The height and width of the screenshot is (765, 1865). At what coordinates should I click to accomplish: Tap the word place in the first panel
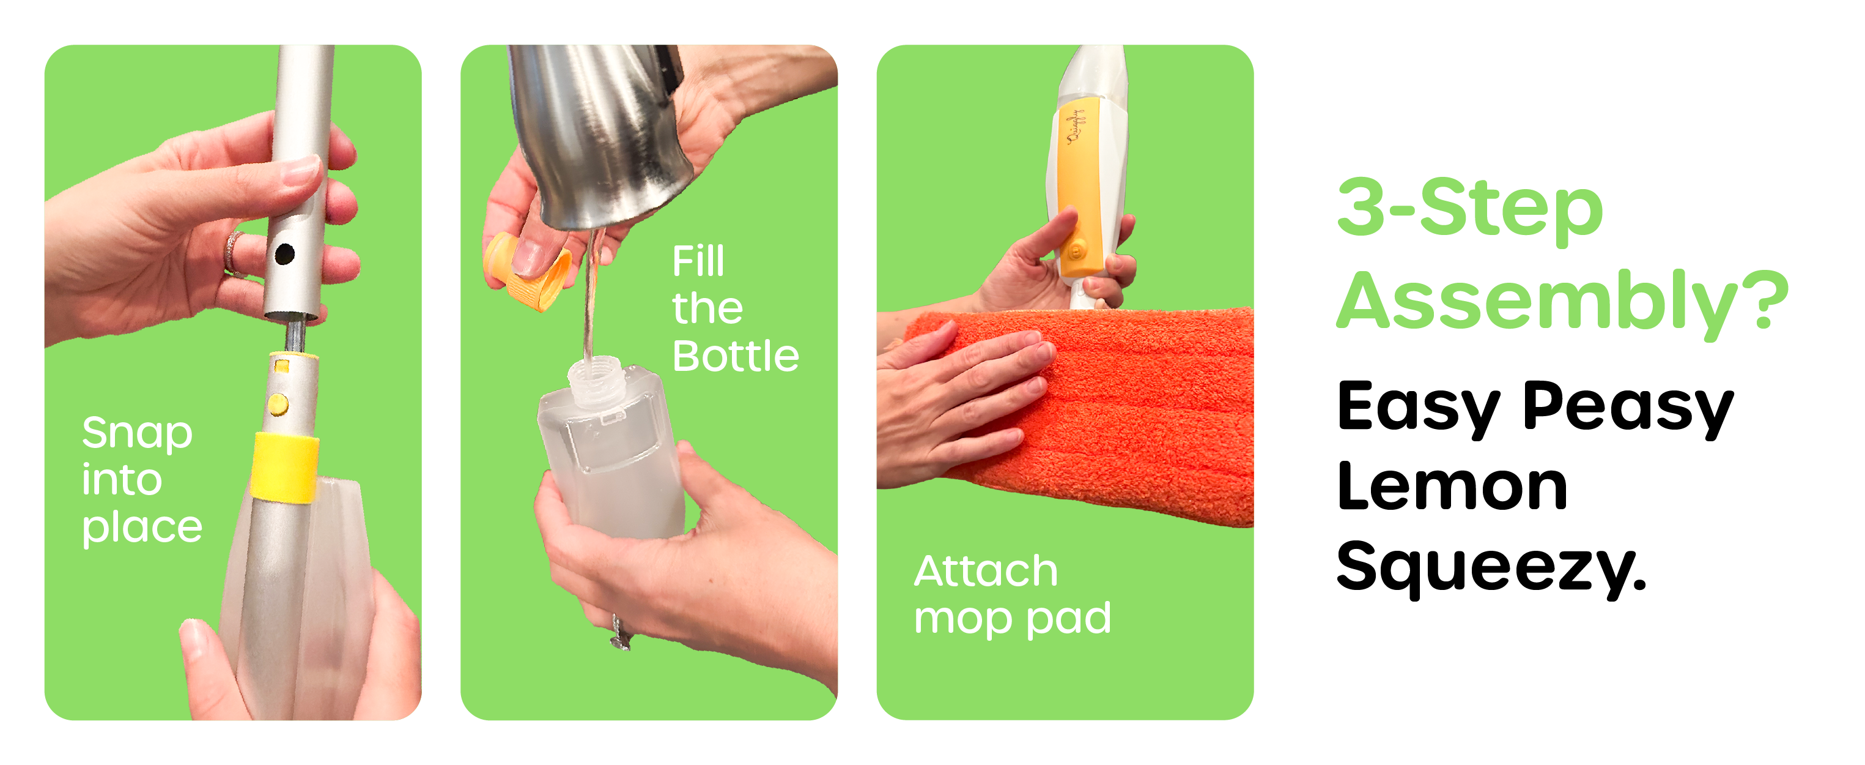tap(142, 528)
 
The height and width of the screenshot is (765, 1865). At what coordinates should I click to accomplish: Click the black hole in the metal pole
tap(284, 254)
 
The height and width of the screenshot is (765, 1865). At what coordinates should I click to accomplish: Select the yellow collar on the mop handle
tap(284, 466)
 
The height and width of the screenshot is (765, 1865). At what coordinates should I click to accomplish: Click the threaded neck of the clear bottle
tap(595, 379)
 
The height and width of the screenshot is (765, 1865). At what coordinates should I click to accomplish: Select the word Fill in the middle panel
tap(697, 261)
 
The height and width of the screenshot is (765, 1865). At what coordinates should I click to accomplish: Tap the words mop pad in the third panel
tap(1012, 619)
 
